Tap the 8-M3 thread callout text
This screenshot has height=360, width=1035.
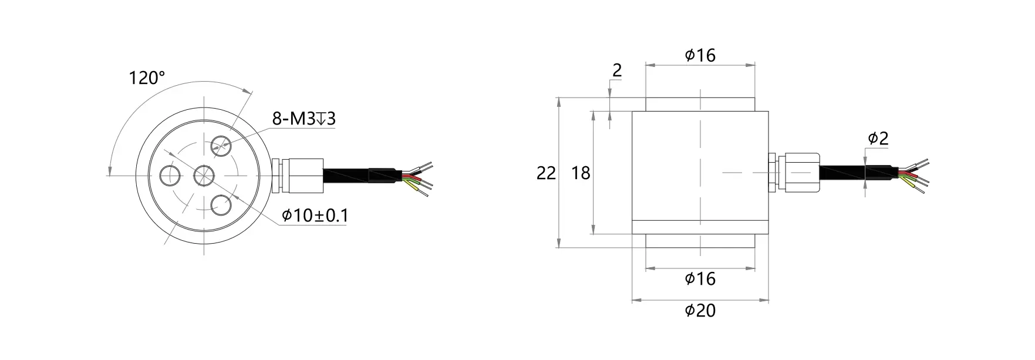pyautogui.click(x=304, y=119)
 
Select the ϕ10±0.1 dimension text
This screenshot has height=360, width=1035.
pyautogui.click(x=315, y=216)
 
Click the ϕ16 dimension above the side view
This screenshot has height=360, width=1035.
pyautogui.click(x=700, y=55)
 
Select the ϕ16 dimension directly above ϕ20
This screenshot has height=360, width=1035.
pyautogui.click(x=700, y=278)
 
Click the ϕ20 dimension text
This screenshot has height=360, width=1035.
pyautogui.click(x=700, y=310)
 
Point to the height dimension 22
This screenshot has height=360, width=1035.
pyautogui.click(x=546, y=173)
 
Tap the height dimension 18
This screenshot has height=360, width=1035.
pyautogui.click(x=581, y=173)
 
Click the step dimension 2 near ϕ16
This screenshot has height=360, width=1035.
pyautogui.click(x=616, y=70)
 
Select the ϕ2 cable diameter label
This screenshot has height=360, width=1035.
pyautogui.click(x=878, y=139)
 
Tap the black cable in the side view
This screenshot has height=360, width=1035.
pyautogui.click(x=845, y=172)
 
